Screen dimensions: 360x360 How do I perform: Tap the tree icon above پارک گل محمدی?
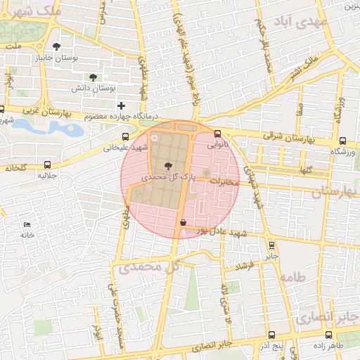[167, 165]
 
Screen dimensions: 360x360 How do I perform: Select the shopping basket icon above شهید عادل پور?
[184, 222]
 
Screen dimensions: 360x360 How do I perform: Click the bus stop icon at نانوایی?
[217, 134]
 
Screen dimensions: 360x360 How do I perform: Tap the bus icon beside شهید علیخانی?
[125, 137]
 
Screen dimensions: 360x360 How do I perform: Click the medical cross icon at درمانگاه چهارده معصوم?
[122, 105]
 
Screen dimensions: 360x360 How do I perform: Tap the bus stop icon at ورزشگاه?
[342, 140]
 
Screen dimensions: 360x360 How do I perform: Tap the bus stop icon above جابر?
[272, 245]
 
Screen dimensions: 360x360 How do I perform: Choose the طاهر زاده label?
[328, 347]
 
